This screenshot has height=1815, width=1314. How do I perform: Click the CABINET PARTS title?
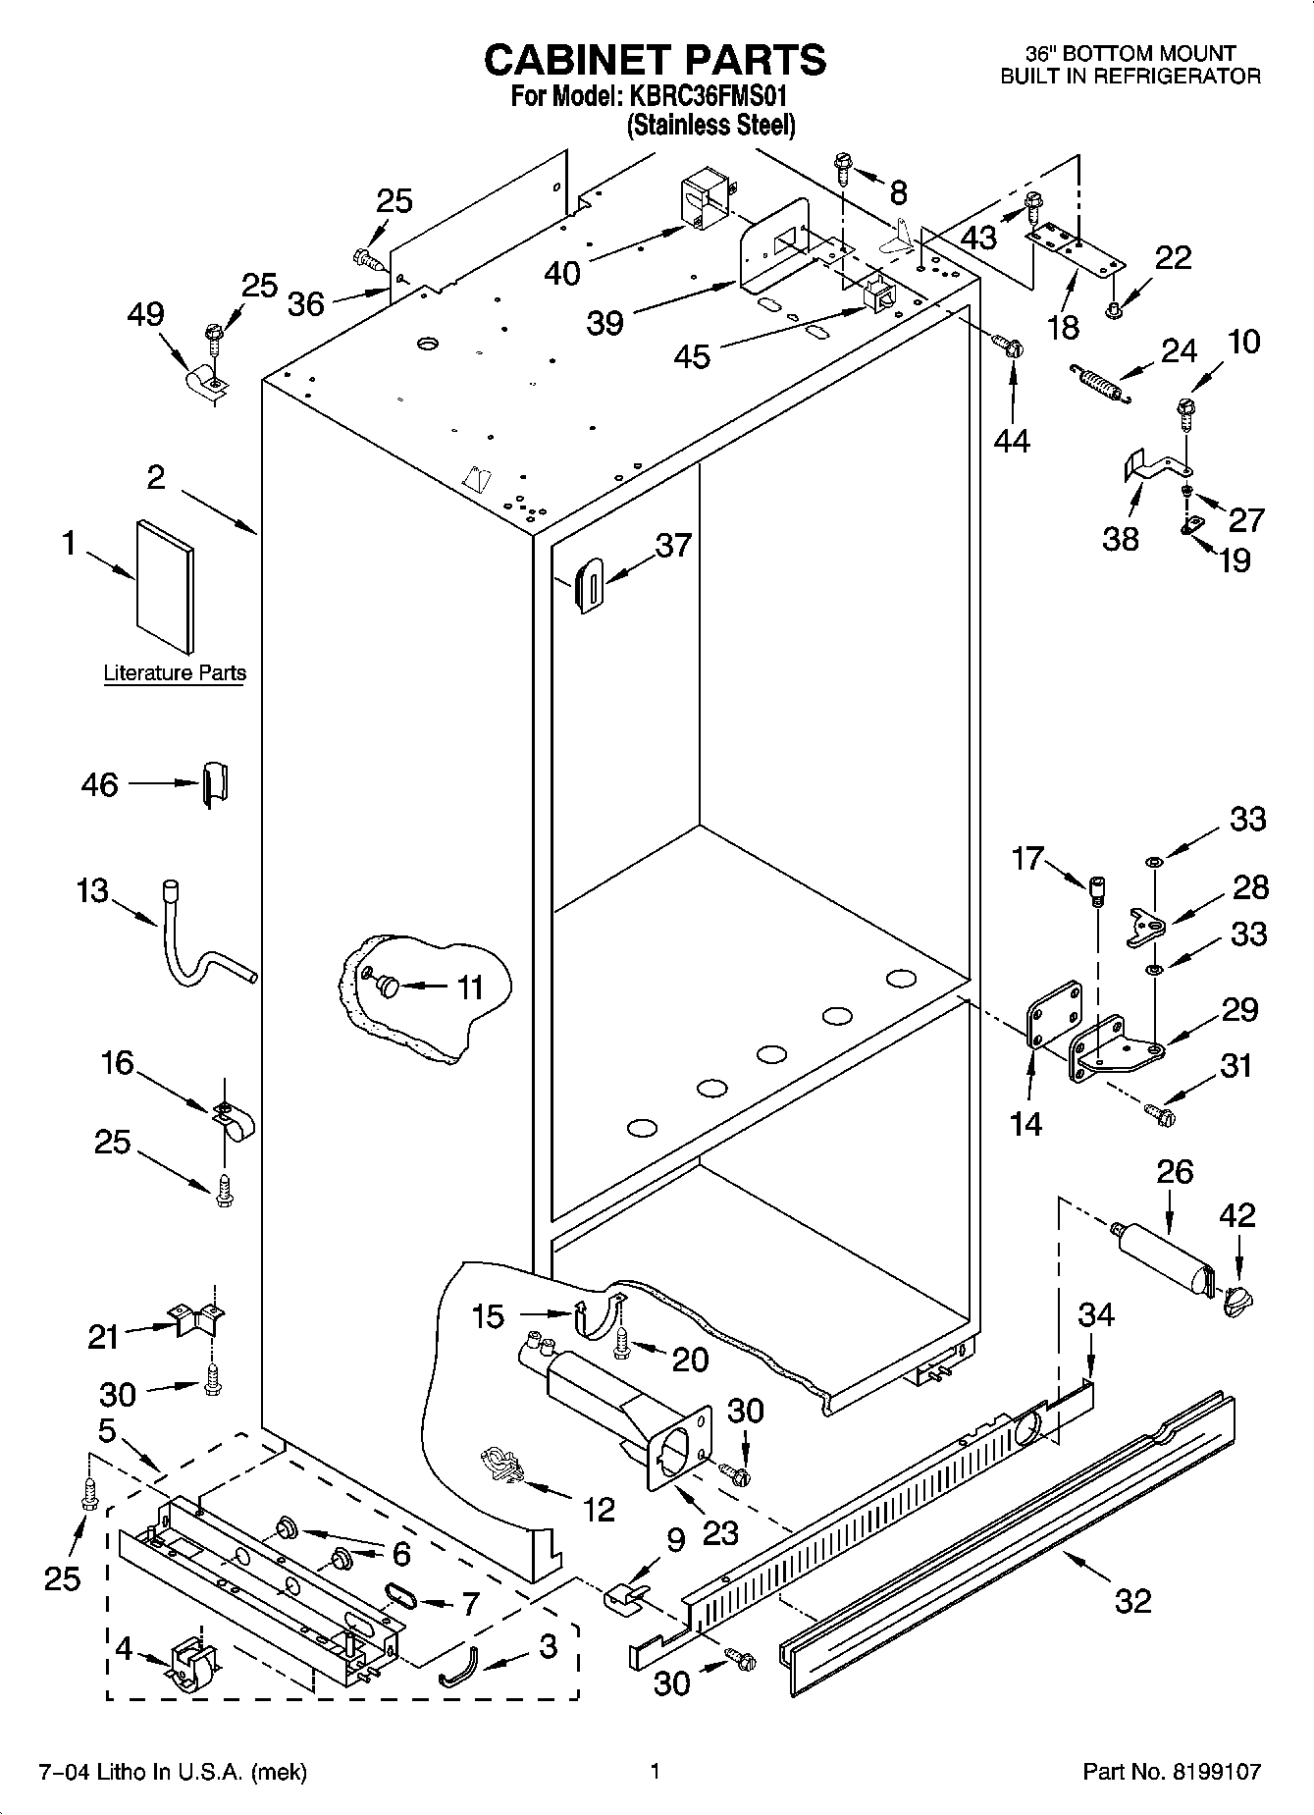tap(655, 61)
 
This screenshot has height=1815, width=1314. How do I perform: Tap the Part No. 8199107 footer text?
tap(1171, 1772)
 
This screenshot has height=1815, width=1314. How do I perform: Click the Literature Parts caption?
tap(175, 672)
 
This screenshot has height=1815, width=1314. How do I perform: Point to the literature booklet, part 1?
tap(165, 585)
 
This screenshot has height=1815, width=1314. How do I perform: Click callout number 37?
tap(673, 546)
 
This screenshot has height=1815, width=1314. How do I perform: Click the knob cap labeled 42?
tap(1238, 1301)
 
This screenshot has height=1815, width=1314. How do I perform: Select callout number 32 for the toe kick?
tap(1132, 1601)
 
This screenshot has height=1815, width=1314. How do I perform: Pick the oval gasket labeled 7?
tap(402, 1595)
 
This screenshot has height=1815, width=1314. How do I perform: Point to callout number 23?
tap(720, 1532)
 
